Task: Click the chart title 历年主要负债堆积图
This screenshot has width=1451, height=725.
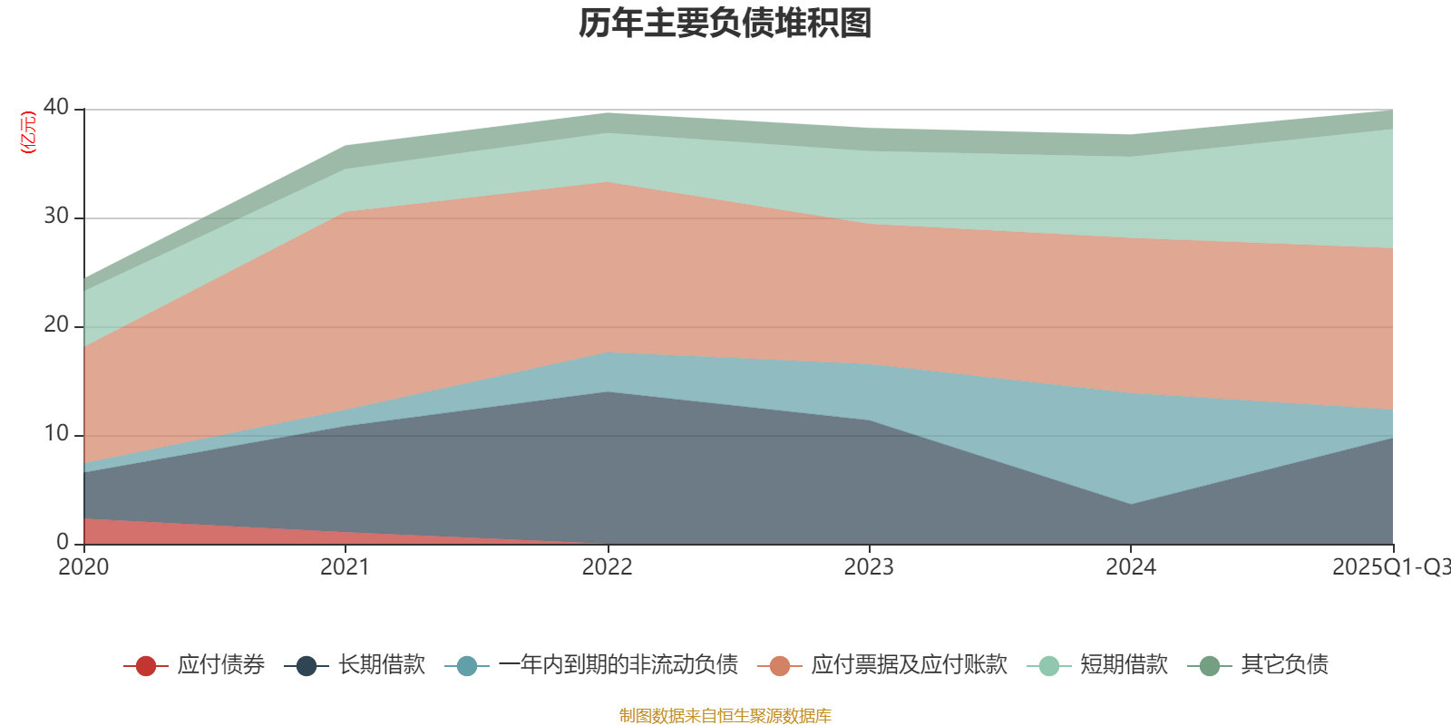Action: point(725,24)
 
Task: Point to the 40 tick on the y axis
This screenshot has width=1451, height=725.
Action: point(56,107)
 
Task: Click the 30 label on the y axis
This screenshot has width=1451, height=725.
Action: point(56,216)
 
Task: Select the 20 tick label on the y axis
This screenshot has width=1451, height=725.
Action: point(56,324)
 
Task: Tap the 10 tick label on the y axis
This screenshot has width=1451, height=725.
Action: point(56,433)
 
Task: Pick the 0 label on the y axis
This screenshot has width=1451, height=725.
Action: point(62,542)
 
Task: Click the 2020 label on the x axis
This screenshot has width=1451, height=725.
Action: point(83,566)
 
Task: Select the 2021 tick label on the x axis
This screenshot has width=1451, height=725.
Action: point(345,566)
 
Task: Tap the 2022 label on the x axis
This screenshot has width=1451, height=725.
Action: point(607,566)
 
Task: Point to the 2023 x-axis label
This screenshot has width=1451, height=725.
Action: point(869,566)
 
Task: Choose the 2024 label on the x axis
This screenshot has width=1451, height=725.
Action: point(1130,566)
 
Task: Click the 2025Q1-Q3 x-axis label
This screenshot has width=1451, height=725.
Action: point(1390,566)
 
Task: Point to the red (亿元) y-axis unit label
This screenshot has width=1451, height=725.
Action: point(28,132)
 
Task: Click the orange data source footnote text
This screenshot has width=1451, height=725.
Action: point(725,716)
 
